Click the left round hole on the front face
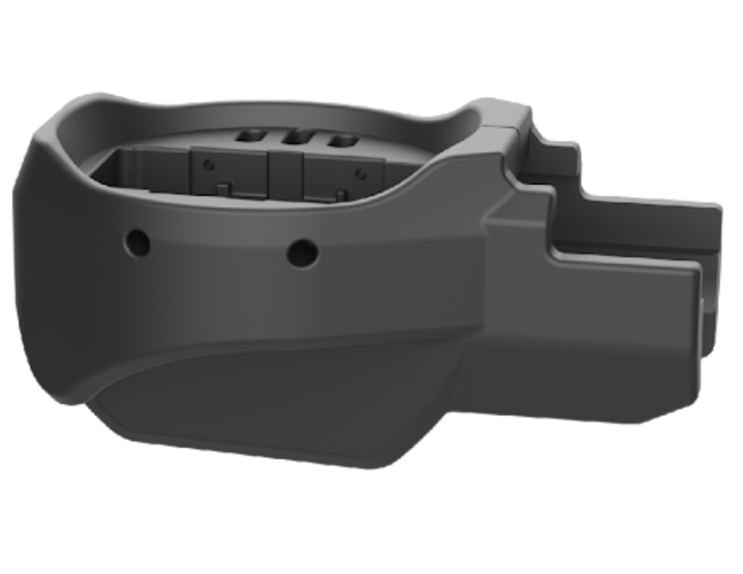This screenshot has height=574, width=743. coord(136,242)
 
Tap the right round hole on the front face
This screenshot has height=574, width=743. coord(303,252)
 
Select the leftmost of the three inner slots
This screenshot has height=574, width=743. coord(253,136)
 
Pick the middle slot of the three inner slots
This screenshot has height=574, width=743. coord(298,137)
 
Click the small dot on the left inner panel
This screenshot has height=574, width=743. coord(208,165)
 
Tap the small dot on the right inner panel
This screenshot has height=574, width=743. coord(360,172)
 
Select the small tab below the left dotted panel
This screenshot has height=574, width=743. coord(224,189)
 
